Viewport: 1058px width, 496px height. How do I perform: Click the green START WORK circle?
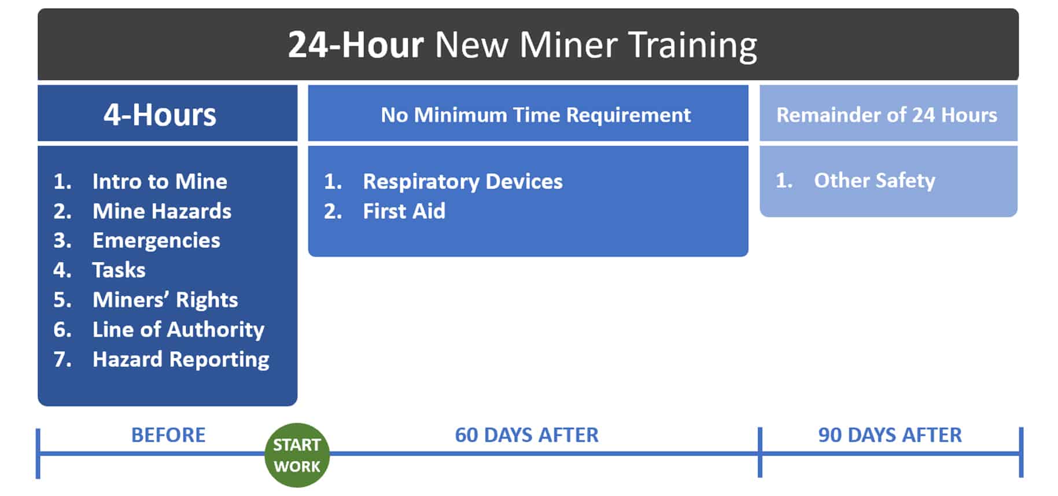tap(297, 455)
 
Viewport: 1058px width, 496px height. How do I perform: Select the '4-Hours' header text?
tap(160, 115)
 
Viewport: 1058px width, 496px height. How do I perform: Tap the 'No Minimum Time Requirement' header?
tap(536, 115)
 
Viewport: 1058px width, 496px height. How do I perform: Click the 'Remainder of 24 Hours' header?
tap(886, 115)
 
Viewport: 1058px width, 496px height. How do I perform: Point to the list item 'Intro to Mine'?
tap(160, 182)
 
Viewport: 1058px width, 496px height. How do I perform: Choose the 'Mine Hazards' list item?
tap(162, 211)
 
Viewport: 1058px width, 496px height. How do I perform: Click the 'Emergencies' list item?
tap(156, 241)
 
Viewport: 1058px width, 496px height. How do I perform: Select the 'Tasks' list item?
tap(119, 270)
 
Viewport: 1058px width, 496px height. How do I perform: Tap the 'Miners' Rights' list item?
tap(165, 300)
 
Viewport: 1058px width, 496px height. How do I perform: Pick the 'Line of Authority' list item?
tap(178, 330)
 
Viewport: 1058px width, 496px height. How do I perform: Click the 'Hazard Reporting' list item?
tap(181, 359)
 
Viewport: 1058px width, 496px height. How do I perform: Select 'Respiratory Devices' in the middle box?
tap(463, 182)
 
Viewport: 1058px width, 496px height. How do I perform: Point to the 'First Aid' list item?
tap(404, 211)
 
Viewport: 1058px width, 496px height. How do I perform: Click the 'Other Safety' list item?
tap(875, 181)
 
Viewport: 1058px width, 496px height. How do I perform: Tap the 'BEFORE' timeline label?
tap(168, 435)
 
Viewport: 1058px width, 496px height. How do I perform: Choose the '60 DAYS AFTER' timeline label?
tap(526, 435)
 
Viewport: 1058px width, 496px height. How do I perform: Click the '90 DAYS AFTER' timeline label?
tap(890, 435)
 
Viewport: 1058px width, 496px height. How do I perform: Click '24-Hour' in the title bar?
tap(356, 45)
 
